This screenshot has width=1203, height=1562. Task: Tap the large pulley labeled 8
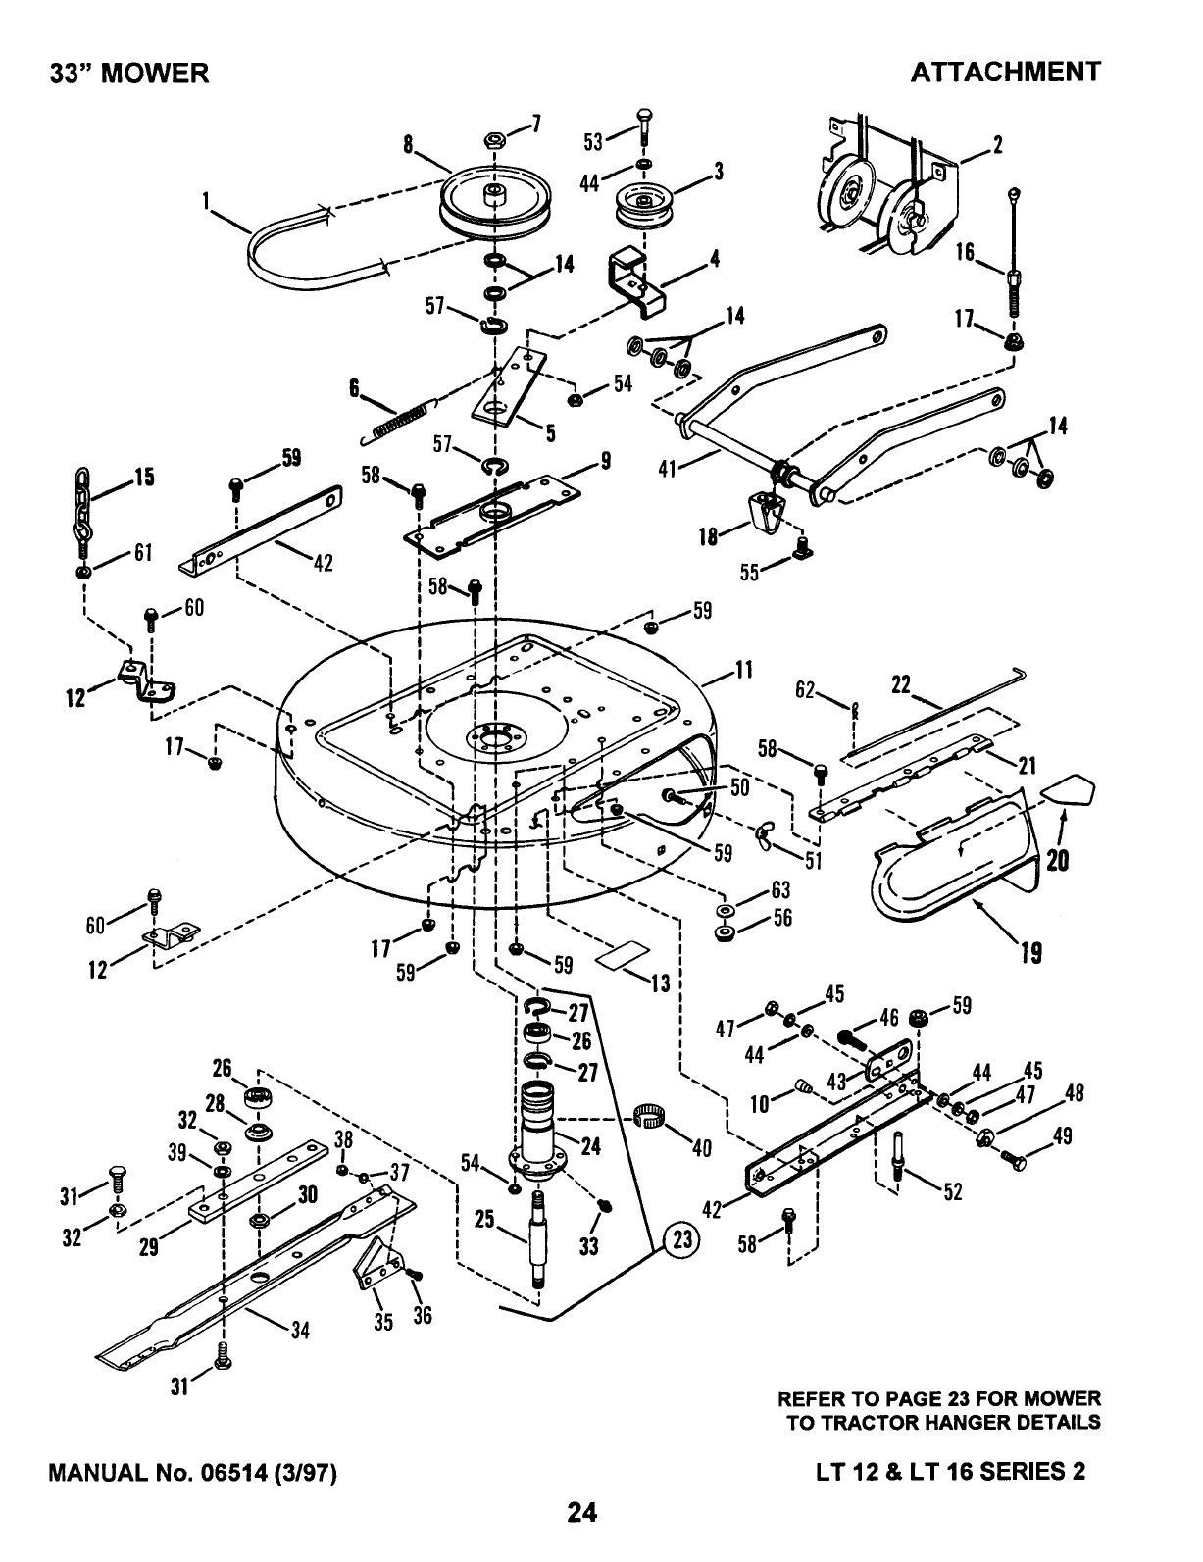[495, 199]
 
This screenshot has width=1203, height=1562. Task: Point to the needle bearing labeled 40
[650, 1116]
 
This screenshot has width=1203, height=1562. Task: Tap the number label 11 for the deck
[743, 670]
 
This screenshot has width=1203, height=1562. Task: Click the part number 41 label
[669, 469]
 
